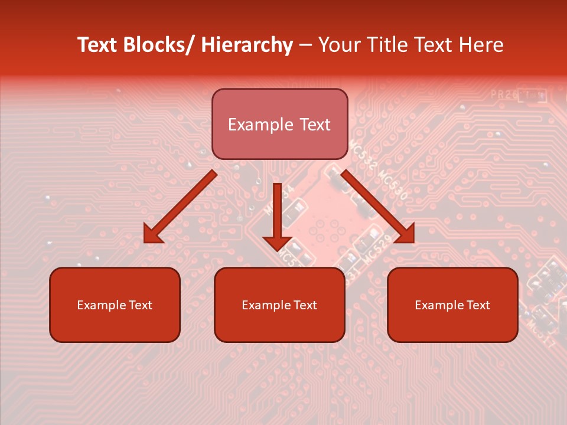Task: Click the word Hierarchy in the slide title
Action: click(x=247, y=45)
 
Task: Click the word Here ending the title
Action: click(x=482, y=45)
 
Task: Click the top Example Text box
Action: click(x=279, y=124)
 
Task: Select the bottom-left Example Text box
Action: click(x=115, y=305)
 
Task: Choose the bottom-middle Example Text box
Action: click(x=279, y=305)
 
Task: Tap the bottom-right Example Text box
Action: click(x=452, y=305)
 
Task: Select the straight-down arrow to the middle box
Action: click(x=277, y=218)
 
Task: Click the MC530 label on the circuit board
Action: click(x=393, y=185)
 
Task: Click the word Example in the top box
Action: click(x=260, y=125)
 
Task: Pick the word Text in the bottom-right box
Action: click(x=477, y=305)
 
